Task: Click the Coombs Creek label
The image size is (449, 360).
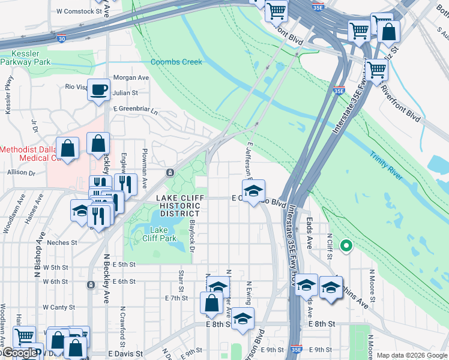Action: tap(176, 62)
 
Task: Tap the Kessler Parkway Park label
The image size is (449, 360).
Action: tap(25, 57)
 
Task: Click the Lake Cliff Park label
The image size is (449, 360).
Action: tap(163, 234)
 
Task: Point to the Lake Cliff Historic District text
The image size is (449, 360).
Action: tap(178, 206)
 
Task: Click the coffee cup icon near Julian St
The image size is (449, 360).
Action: tap(99, 91)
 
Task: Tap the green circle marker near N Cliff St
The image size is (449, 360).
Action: tap(346, 245)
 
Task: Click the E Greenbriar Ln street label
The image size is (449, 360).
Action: tap(135, 110)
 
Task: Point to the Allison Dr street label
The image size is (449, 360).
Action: tap(22, 173)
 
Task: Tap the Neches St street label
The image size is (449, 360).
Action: tap(62, 243)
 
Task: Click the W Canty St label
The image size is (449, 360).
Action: tap(59, 307)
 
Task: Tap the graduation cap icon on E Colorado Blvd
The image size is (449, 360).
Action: tap(253, 191)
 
